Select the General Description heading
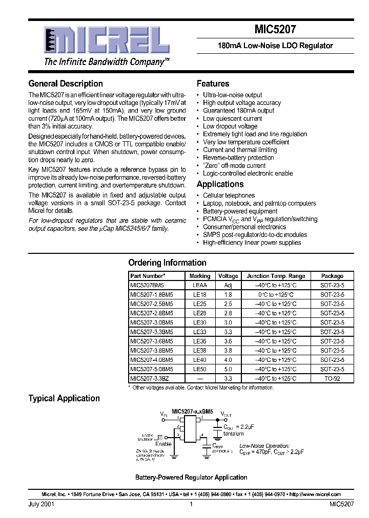pyautogui.click(x=66, y=83)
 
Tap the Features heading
pyautogui.click(x=213, y=83)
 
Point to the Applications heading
pyautogui.click(x=220, y=184)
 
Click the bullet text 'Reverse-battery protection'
pyautogui.click(x=238, y=158)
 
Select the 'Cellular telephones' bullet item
pyautogui.click(x=229, y=195)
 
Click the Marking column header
pyautogui.click(x=200, y=275)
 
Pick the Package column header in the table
pyautogui.click(x=332, y=275)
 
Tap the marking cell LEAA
pyautogui.click(x=200, y=285)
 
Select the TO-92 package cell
pyautogui.click(x=332, y=378)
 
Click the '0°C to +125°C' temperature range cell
pyautogui.click(x=275, y=294)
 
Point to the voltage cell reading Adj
pyautogui.click(x=228, y=285)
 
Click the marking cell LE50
pyautogui.click(x=200, y=369)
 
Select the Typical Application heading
pyautogui.click(x=64, y=398)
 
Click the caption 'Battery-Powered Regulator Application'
pyautogui.click(x=191, y=477)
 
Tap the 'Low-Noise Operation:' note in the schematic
pyautogui.click(x=264, y=446)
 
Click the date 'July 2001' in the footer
pyautogui.click(x=42, y=504)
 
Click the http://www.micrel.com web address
pyautogui.click(x=314, y=494)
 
